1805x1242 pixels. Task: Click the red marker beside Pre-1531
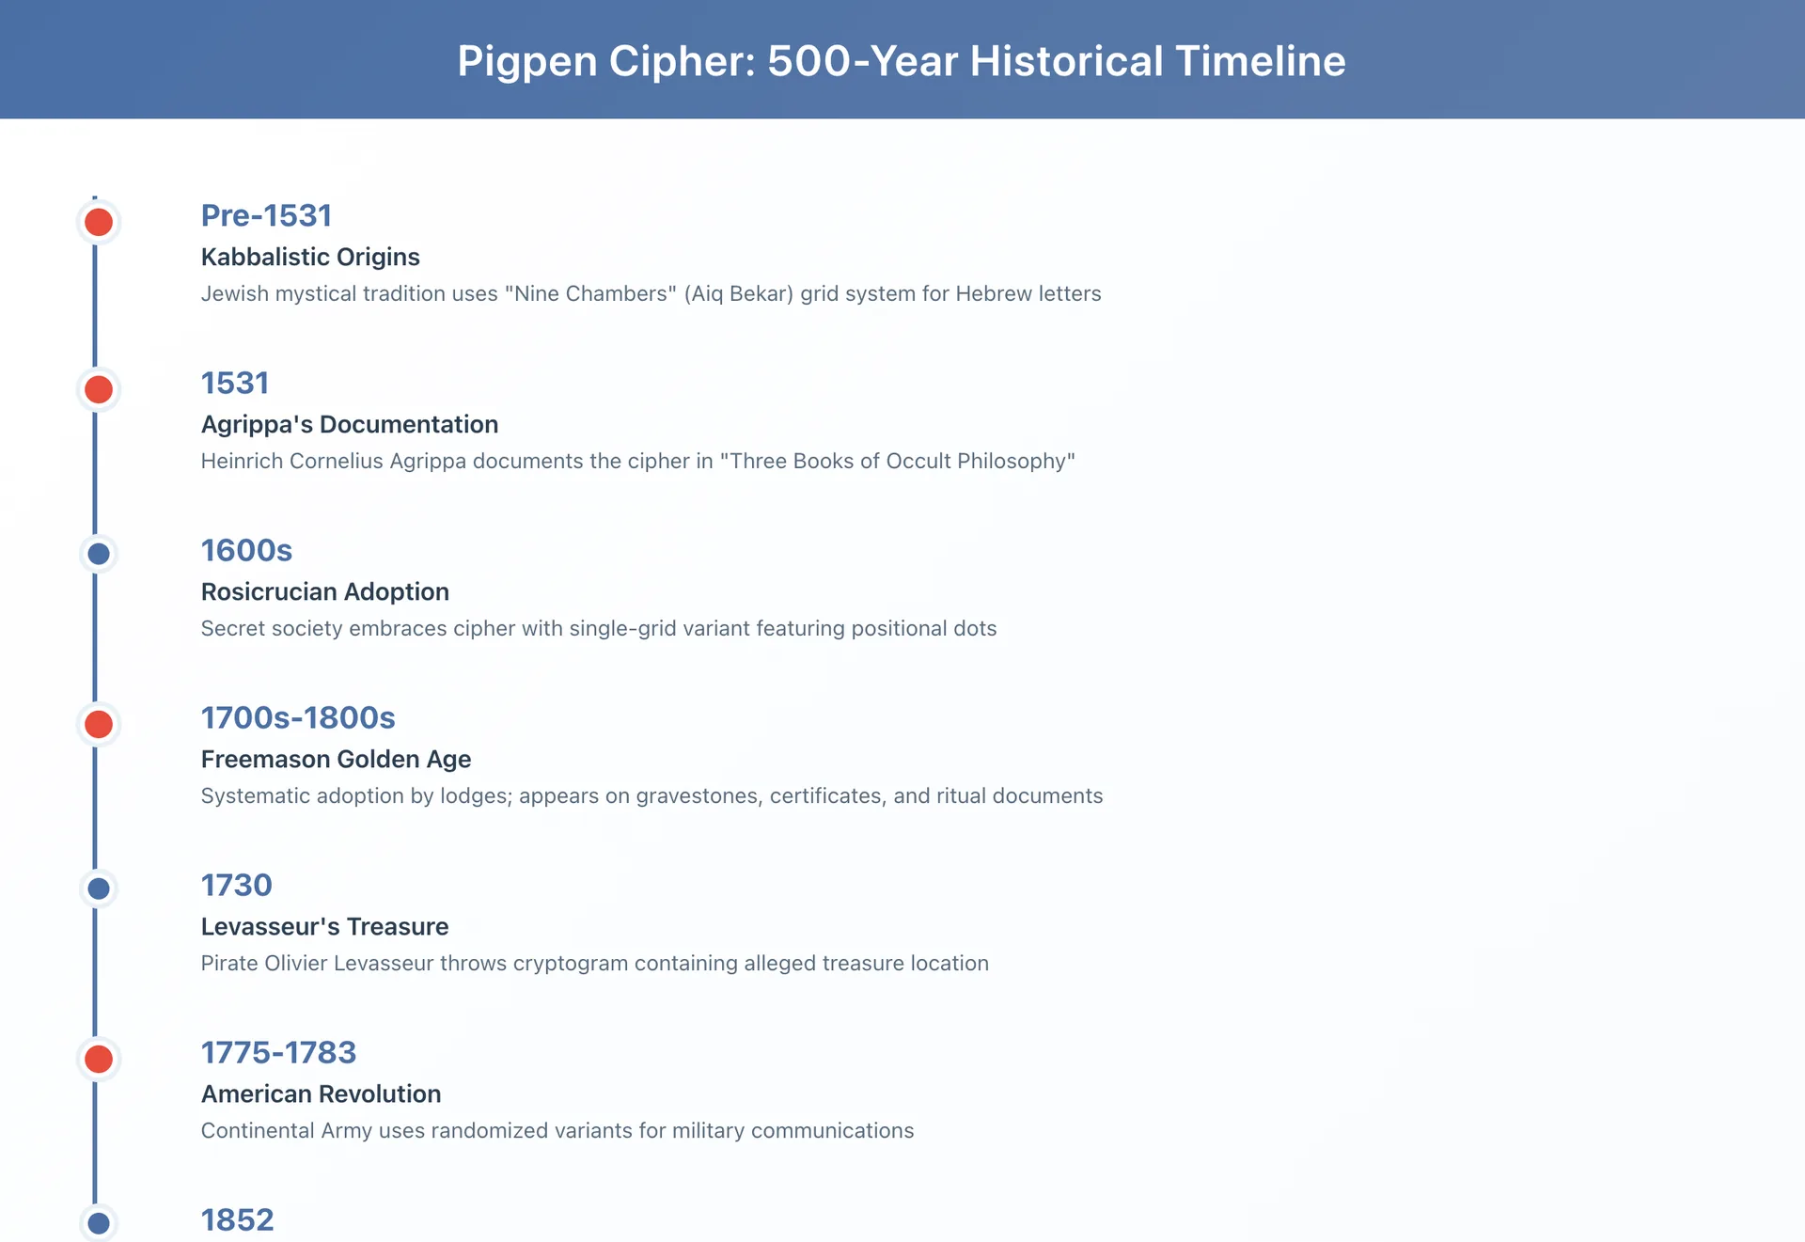(x=99, y=223)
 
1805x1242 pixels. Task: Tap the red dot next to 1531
(x=99, y=390)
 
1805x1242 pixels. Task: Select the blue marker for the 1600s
(x=99, y=554)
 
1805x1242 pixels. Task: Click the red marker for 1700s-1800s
(x=99, y=725)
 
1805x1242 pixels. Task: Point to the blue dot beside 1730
(x=99, y=888)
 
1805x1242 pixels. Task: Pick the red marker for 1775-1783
(x=99, y=1060)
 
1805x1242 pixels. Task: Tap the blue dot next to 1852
(x=99, y=1223)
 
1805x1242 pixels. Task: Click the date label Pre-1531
(x=266, y=216)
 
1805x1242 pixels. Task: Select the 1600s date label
(x=246, y=551)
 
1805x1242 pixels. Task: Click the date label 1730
(x=236, y=886)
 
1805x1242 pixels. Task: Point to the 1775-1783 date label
(x=278, y=1053)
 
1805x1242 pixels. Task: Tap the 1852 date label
(x=237, y=1220)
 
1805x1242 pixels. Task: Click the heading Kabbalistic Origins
(x=310, y=258)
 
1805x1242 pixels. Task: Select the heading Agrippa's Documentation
(x=349, y=425)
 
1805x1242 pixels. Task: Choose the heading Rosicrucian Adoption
(x=324, y=592)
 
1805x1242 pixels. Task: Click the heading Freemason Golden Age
(x=336, y=760)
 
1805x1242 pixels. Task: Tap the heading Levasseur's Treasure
(x=324, y=927)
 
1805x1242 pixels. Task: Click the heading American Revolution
(x=321, y=1094)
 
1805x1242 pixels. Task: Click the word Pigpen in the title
(x=526, y=62)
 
